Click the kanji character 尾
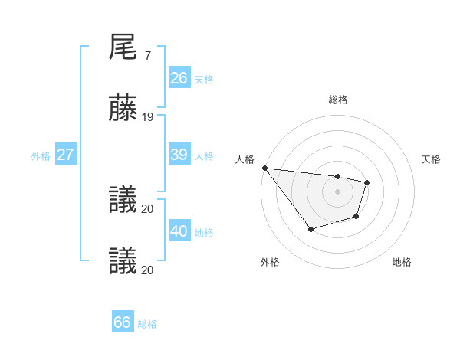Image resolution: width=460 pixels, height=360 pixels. (123, 47)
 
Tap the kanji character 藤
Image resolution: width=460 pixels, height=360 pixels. (123, 109)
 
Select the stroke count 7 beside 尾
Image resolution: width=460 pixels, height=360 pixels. (147, 56)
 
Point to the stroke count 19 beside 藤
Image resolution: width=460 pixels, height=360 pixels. (148, 117)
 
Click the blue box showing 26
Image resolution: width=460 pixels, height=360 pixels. (179, 78)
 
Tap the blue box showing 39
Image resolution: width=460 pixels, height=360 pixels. (179, 155)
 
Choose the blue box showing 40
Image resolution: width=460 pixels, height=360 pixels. (179, 231)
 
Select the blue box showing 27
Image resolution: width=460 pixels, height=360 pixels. (65, 155)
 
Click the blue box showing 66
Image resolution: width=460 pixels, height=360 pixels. (122, 322)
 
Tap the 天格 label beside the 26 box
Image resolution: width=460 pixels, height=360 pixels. (204, 79)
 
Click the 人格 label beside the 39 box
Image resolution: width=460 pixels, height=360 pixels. (204, 155)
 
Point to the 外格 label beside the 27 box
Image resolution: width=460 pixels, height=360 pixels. (41, 155)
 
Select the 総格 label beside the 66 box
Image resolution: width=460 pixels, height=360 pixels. (147, 324)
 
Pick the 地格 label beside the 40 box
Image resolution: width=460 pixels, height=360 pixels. (204, 232)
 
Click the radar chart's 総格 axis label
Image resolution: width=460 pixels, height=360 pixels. (337, 100)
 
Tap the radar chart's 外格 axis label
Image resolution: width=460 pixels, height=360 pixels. (269, 262)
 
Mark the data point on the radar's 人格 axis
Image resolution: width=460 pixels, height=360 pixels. (264, 168)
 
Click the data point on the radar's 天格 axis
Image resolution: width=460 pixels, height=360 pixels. (367, 182)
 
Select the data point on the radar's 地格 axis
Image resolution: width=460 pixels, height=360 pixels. (356, 217)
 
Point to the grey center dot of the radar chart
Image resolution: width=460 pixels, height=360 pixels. (337, 191)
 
